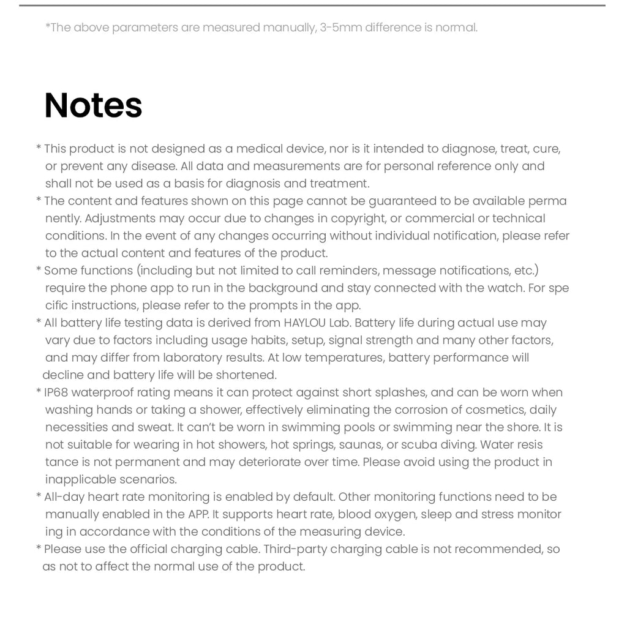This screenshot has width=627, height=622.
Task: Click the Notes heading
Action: click(x=93, y=105)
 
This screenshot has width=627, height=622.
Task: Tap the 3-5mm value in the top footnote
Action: click(x=340, y=28)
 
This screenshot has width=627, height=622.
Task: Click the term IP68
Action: click(x=56, y=392)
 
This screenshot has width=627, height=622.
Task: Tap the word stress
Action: click(x=501, y=514)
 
